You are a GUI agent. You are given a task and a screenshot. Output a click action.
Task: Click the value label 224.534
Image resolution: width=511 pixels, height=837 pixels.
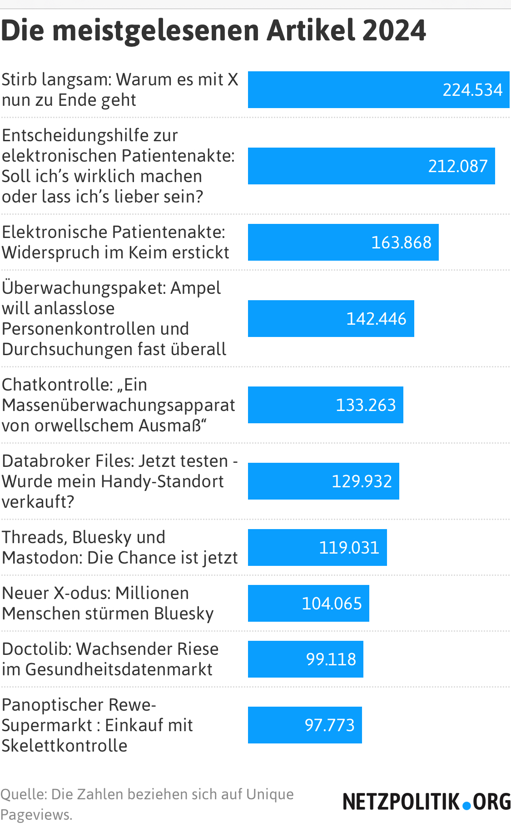pos(472,90)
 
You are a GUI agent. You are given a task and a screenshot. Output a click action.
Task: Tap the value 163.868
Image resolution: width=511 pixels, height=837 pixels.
pos(401,243)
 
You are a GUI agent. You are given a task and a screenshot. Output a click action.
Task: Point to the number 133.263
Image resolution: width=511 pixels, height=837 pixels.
pos(366,405)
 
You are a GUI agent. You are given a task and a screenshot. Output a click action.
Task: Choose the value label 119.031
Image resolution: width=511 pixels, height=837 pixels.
pos(349,548)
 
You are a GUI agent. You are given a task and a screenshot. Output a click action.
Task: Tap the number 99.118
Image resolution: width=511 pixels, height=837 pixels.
pos(331,659)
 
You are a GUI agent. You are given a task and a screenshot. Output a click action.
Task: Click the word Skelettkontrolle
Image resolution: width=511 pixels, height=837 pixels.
pos(64,746)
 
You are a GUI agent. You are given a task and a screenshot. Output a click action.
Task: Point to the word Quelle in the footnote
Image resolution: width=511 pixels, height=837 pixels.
pos(23,794)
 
